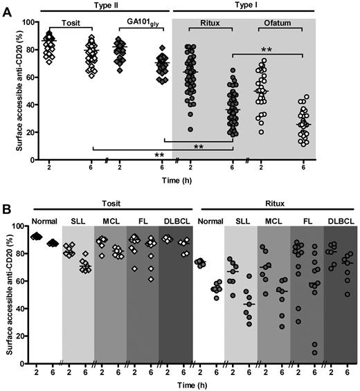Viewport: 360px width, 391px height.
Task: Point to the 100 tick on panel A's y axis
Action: pos(28,21)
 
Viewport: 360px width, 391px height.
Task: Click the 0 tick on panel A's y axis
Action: pos(32,160)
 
